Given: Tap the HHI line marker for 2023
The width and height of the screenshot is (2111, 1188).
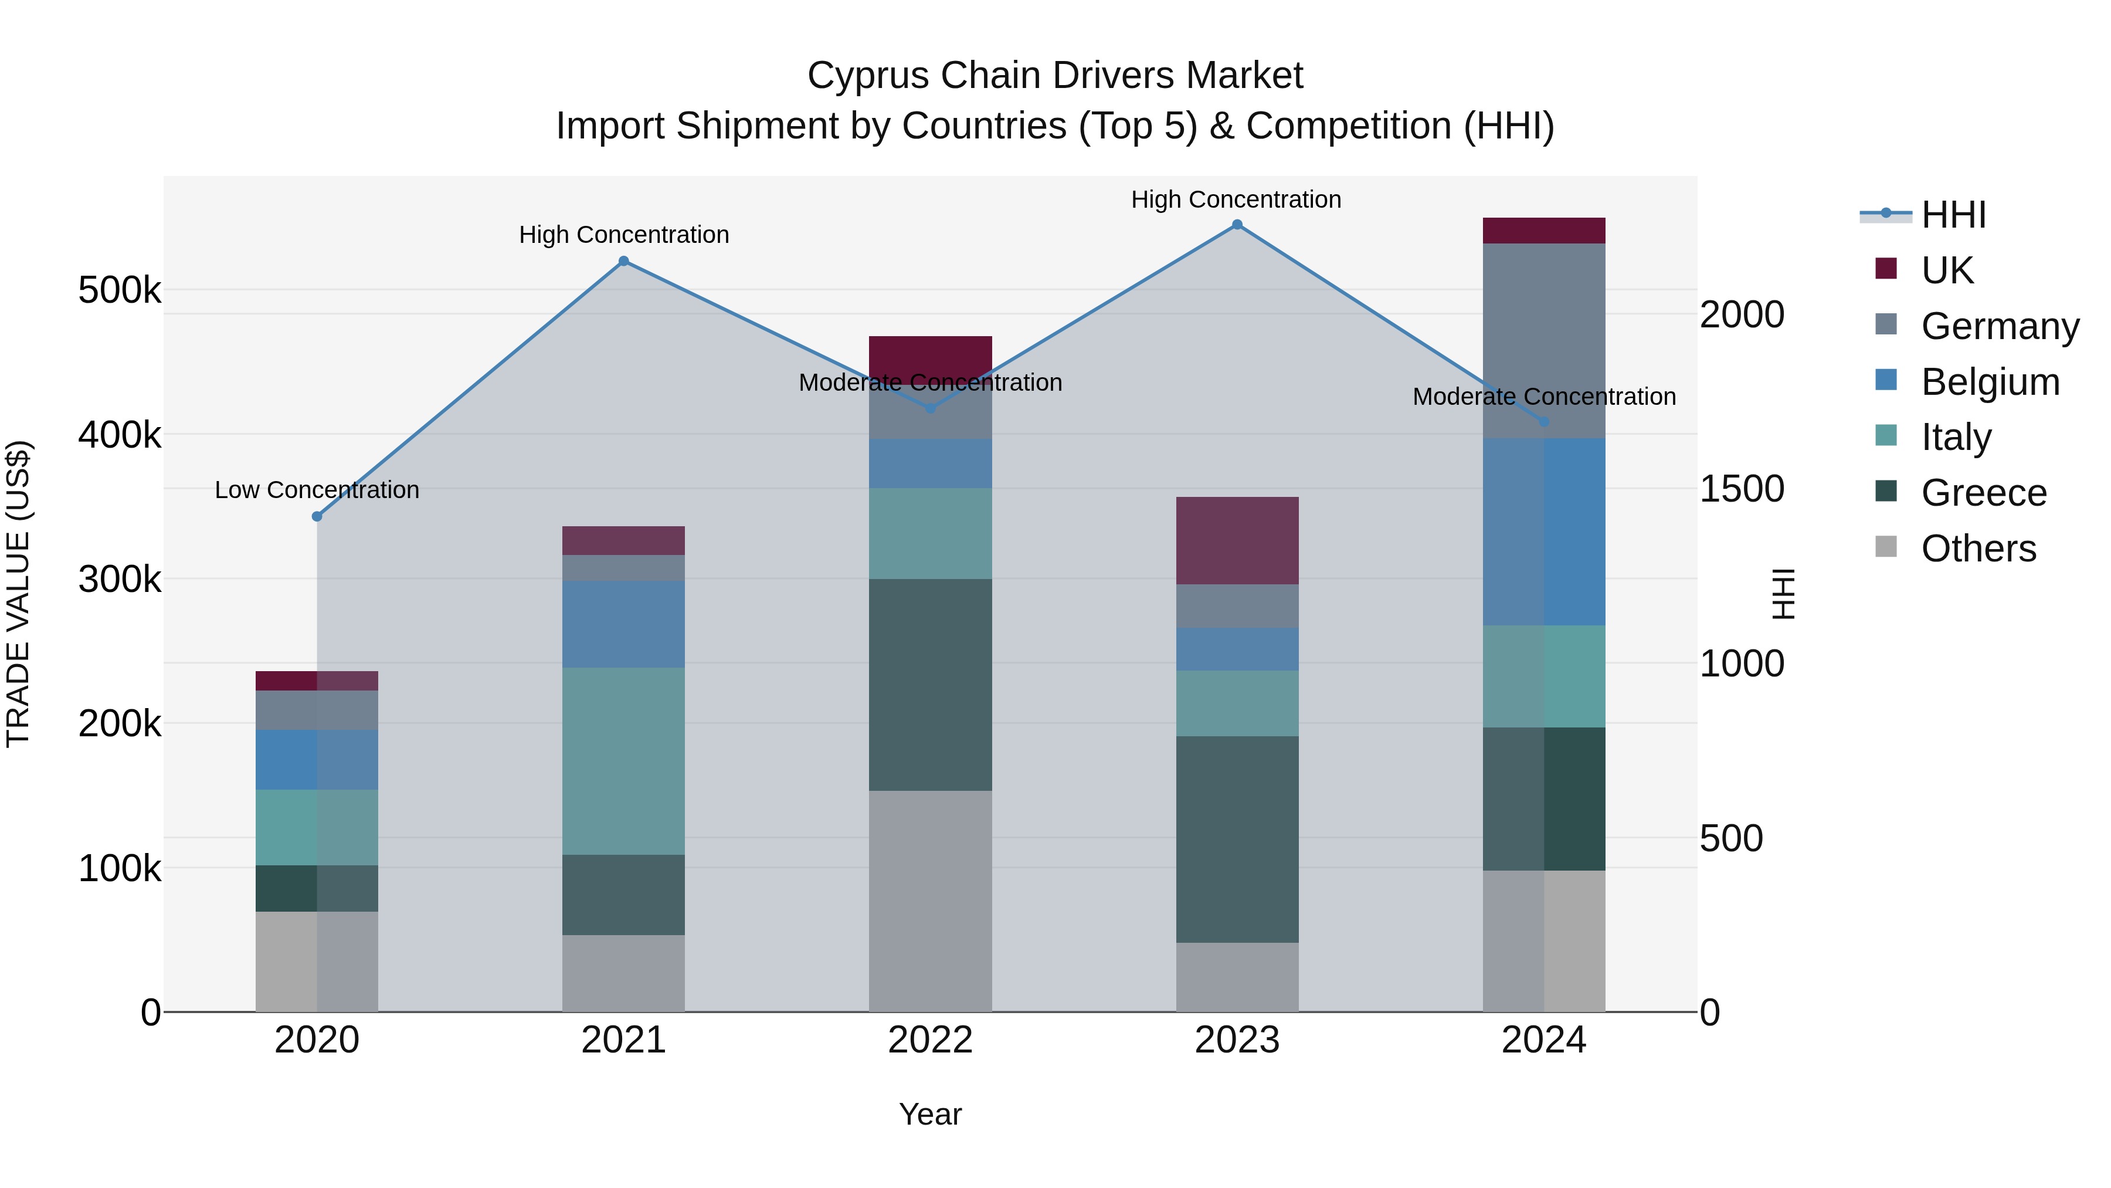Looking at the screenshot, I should (x=1237, y=225).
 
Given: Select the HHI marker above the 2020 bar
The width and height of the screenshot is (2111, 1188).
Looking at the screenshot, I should (x=317, y=516).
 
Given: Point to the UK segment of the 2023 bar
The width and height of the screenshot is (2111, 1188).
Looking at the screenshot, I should (x=1237, y=540).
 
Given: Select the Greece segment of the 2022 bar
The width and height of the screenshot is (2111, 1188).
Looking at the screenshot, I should (x=930, y=685).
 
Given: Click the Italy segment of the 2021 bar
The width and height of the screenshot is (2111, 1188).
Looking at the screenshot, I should (x=624, y=761).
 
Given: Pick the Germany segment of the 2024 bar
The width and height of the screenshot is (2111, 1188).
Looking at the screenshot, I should (x=1544, y=340).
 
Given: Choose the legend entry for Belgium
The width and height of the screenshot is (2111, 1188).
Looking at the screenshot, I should (x=1990, y=382).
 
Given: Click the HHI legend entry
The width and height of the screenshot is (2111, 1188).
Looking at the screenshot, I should (x=1953, y=215).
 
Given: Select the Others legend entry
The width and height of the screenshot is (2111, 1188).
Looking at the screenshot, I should (x=1978, y=549).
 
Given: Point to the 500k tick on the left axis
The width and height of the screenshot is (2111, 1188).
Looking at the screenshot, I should (x=120, y=290).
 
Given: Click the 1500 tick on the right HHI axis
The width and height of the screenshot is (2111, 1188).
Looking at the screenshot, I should (x=1742, y=489).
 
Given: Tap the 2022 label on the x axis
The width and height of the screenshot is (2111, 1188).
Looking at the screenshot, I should (x=930, y=1040).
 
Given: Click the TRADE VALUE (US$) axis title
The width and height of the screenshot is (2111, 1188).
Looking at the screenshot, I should (x=18, y=594).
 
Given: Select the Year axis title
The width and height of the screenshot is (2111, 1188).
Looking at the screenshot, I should (x=930, y=1114).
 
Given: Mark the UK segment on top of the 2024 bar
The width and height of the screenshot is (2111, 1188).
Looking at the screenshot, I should (x=1544, y=231).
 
